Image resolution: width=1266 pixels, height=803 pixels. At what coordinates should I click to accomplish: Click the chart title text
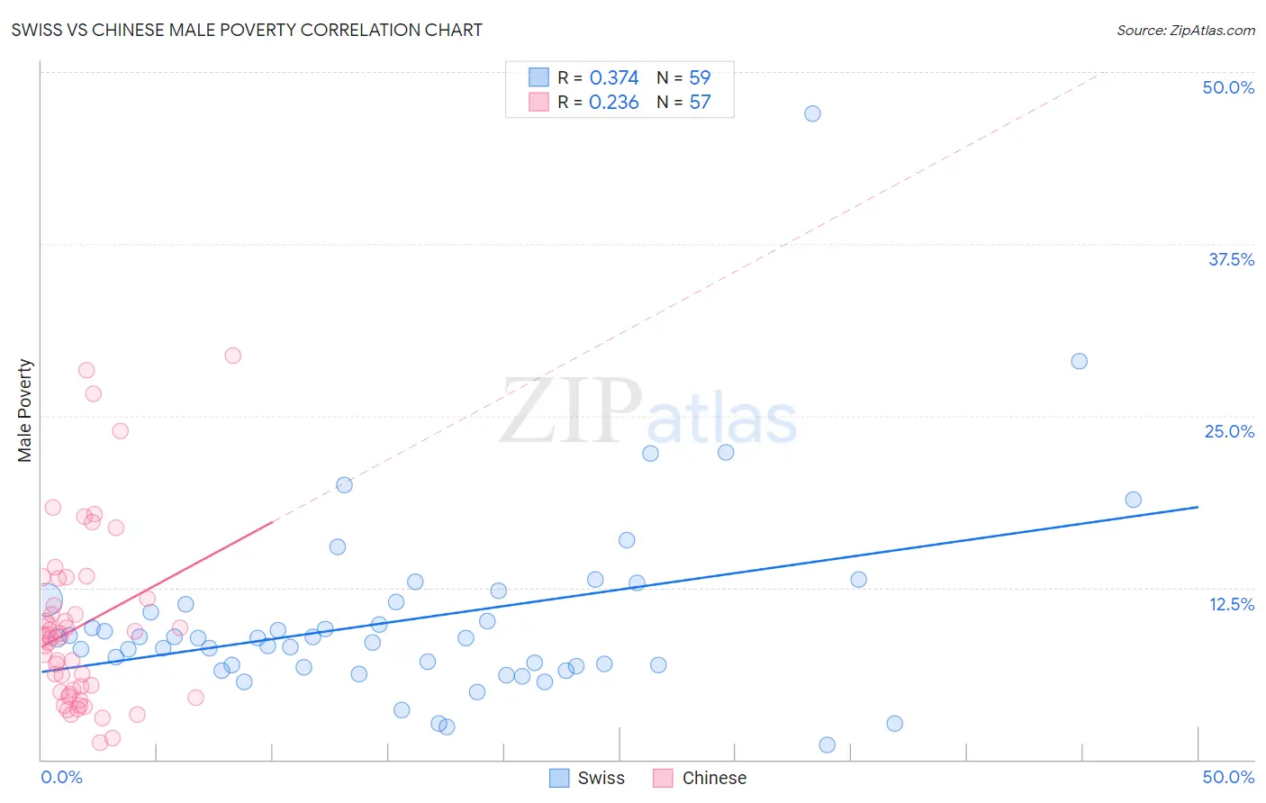coord(247,30)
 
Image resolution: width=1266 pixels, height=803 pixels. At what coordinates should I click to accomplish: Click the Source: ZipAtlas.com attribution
coord(1185,30)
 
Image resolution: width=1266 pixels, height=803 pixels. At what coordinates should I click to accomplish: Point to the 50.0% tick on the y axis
coord(1227,87)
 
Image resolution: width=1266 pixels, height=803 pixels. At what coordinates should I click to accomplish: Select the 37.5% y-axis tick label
coord(1230,259)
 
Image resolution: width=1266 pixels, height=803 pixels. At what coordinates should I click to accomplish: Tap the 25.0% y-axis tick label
coord(1228,431)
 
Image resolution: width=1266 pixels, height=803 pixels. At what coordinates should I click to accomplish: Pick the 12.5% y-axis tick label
coord(1230,604)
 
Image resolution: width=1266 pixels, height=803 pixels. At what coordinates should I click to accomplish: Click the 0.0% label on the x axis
coord(61,777)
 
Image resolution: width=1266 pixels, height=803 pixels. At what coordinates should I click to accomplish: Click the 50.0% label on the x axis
coord(1227,777)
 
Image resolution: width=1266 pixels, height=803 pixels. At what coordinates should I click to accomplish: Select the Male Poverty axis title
coord(25,411)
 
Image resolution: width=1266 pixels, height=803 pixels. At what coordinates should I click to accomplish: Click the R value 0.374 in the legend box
coord(613,78)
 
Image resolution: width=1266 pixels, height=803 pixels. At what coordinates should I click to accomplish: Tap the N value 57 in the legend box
coord(700,103)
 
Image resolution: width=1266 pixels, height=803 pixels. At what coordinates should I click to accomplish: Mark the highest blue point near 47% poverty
coord(812,113)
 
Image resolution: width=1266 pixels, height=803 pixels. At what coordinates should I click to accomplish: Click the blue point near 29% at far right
coord(1079,361)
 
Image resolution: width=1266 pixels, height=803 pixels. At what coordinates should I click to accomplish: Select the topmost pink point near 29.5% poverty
coord(232,356)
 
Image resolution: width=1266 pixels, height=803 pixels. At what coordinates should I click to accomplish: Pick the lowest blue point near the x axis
coord(827,744)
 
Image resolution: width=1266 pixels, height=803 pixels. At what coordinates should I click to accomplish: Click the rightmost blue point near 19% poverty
coord(1133,500)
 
